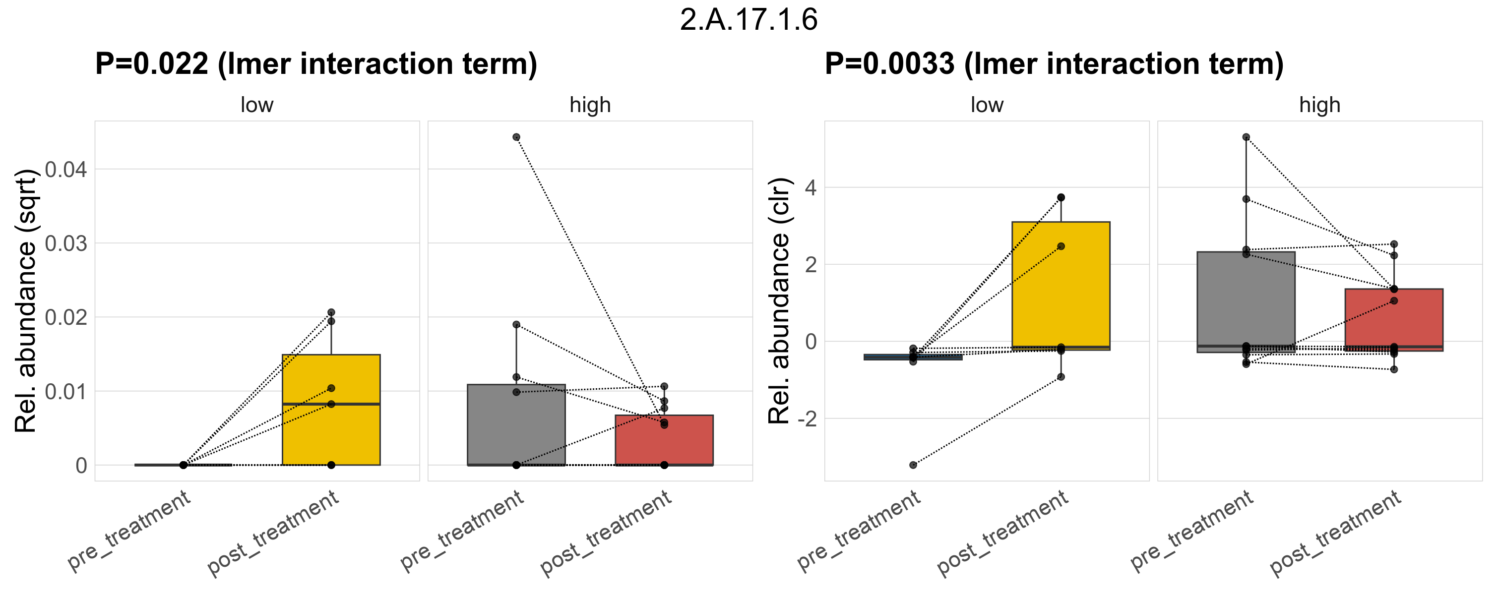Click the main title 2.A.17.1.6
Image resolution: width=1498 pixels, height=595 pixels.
pyautogui.click(x=749, y=20)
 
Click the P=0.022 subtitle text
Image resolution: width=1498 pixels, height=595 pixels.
pyautogui.click(x=316, y=64)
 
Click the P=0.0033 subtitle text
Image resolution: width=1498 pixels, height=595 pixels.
pyautogui.click(x=1054, y=64)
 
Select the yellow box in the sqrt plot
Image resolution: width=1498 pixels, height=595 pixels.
pyautogui.click(x=331, y=430)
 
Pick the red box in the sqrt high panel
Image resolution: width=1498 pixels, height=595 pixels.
pyautogui.click(x=664, y=442)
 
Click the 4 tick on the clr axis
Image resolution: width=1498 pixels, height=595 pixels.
pyautogui.click(x=811, y=188)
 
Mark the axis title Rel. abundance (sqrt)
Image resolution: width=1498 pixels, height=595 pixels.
pyautogui.click(x=26, y=301)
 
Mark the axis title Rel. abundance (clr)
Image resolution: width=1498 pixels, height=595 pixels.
pyautogui.click(x=779, y=301)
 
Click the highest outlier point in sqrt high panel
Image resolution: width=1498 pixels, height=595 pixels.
pyautogui.click(x=516, y=137)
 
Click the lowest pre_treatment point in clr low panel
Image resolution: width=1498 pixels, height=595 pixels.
pyautogui.click(x=913, y=465)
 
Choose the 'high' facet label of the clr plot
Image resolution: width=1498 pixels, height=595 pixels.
pyautogui.click(x=1319, y=105)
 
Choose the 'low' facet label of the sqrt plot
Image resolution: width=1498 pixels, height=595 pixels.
pyautogui.click(x=256, y=105)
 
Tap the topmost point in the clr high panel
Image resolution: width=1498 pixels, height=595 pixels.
pyautogui.click(x=1246, y=137)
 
